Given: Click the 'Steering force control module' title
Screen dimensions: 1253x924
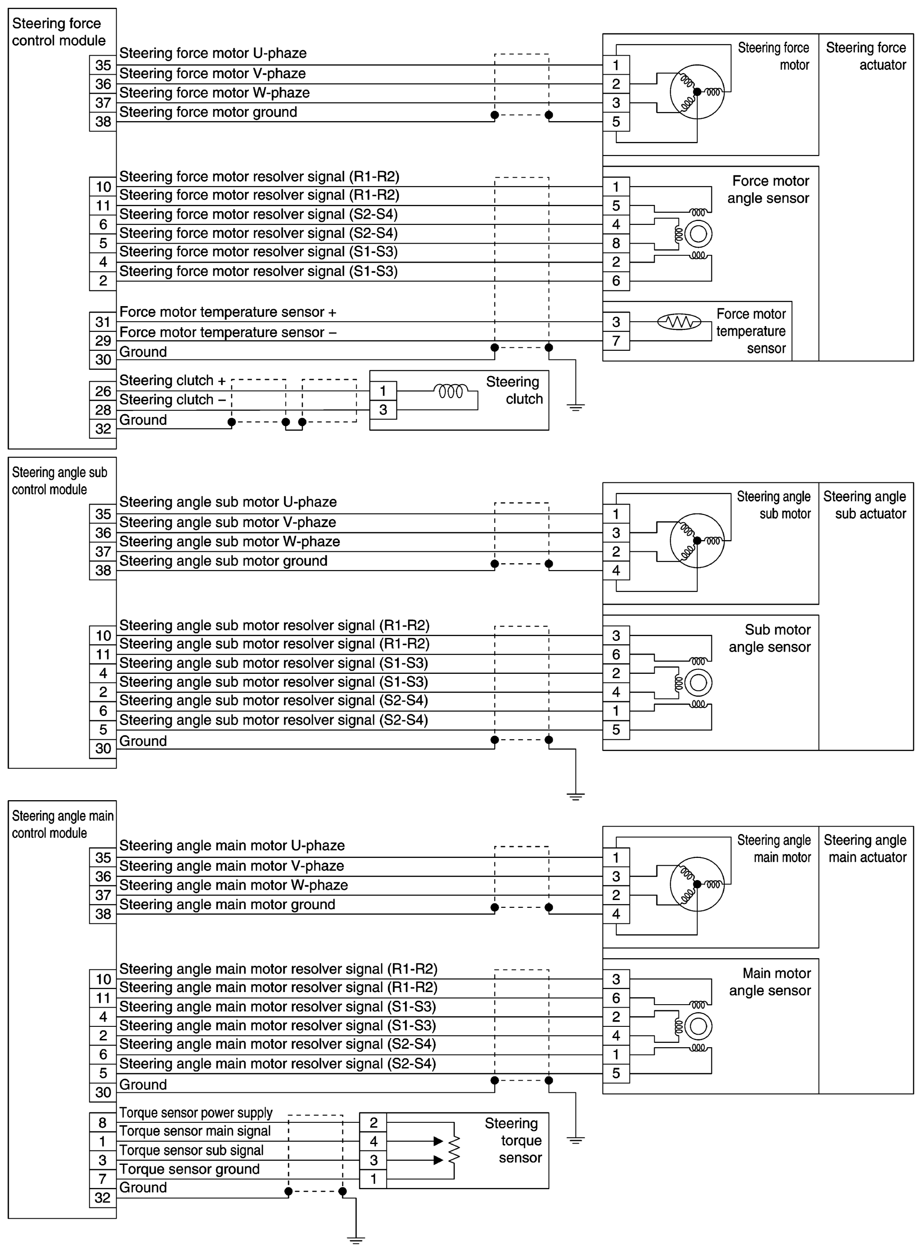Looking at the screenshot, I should coord(59,32).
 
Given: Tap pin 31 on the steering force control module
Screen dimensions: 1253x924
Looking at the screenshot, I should coord(103,322).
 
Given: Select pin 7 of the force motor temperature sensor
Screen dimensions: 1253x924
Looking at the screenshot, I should coord(616,341).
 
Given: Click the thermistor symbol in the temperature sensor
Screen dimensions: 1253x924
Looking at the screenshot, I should coord(678,322).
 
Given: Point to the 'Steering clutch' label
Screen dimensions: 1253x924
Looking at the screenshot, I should coord(514,390).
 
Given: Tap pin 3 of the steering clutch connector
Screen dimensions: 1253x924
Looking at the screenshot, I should coord(383,410).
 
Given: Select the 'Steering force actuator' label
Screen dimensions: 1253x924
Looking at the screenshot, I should coord(866,56).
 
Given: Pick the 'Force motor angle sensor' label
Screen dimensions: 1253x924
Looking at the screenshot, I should coord(770,190).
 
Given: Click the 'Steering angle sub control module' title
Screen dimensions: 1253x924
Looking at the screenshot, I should coord(59,481).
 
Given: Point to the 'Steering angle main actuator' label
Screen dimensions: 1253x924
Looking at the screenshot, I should coord(866,848).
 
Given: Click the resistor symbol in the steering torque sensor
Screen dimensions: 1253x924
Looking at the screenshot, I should coord(454,1150).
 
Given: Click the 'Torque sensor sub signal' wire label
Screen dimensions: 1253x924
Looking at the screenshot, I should coord(191,1150).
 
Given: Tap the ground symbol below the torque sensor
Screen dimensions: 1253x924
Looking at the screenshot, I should coord(356,1240).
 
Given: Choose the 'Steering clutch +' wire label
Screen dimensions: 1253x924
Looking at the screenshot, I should coord(172,380).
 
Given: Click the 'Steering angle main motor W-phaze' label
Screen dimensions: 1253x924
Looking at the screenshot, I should coord(233,885).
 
